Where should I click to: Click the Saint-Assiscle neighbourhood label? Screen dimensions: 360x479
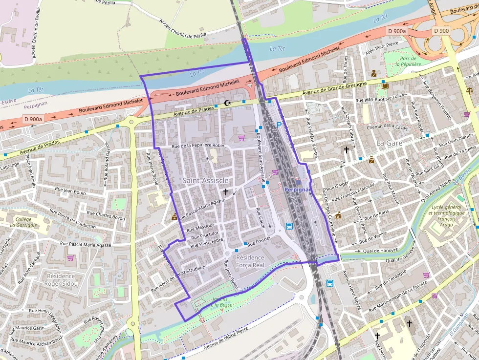(205, 181)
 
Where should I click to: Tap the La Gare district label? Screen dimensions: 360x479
(390, 143)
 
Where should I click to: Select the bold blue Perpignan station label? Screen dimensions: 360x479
(297, 189)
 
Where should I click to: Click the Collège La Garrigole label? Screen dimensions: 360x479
(23, 222)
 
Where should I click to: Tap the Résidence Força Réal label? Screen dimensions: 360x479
(250, 261)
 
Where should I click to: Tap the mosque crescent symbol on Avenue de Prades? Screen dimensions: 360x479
(226, 103)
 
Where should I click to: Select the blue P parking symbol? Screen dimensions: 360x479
(280, 125)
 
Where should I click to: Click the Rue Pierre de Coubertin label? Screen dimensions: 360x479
(72, 219)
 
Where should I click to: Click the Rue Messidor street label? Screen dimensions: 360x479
(200, 227)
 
